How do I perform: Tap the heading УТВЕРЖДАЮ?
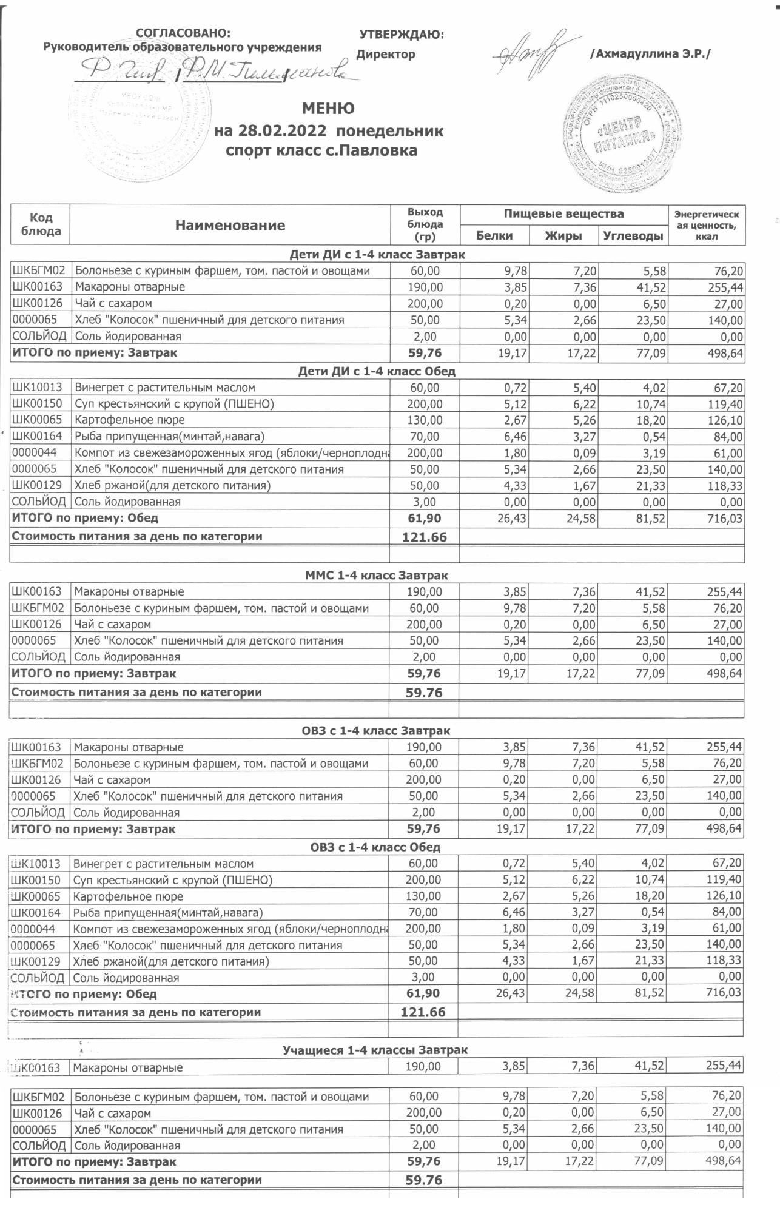pos(402,35)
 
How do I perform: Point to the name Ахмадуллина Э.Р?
pos(650,54)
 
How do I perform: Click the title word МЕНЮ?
pos(328,109)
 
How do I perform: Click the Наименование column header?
pos(230,226)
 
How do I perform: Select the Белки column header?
pos(494,236)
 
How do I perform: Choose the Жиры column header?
pos(563,236)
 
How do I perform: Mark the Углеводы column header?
pos(634,236)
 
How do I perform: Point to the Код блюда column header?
pos(41,224)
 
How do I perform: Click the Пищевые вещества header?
pos(563,213)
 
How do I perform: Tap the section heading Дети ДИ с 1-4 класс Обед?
pos(377,371)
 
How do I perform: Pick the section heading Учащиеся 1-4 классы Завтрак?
pos(375,1050)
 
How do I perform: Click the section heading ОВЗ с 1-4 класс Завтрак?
pos(376,731)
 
